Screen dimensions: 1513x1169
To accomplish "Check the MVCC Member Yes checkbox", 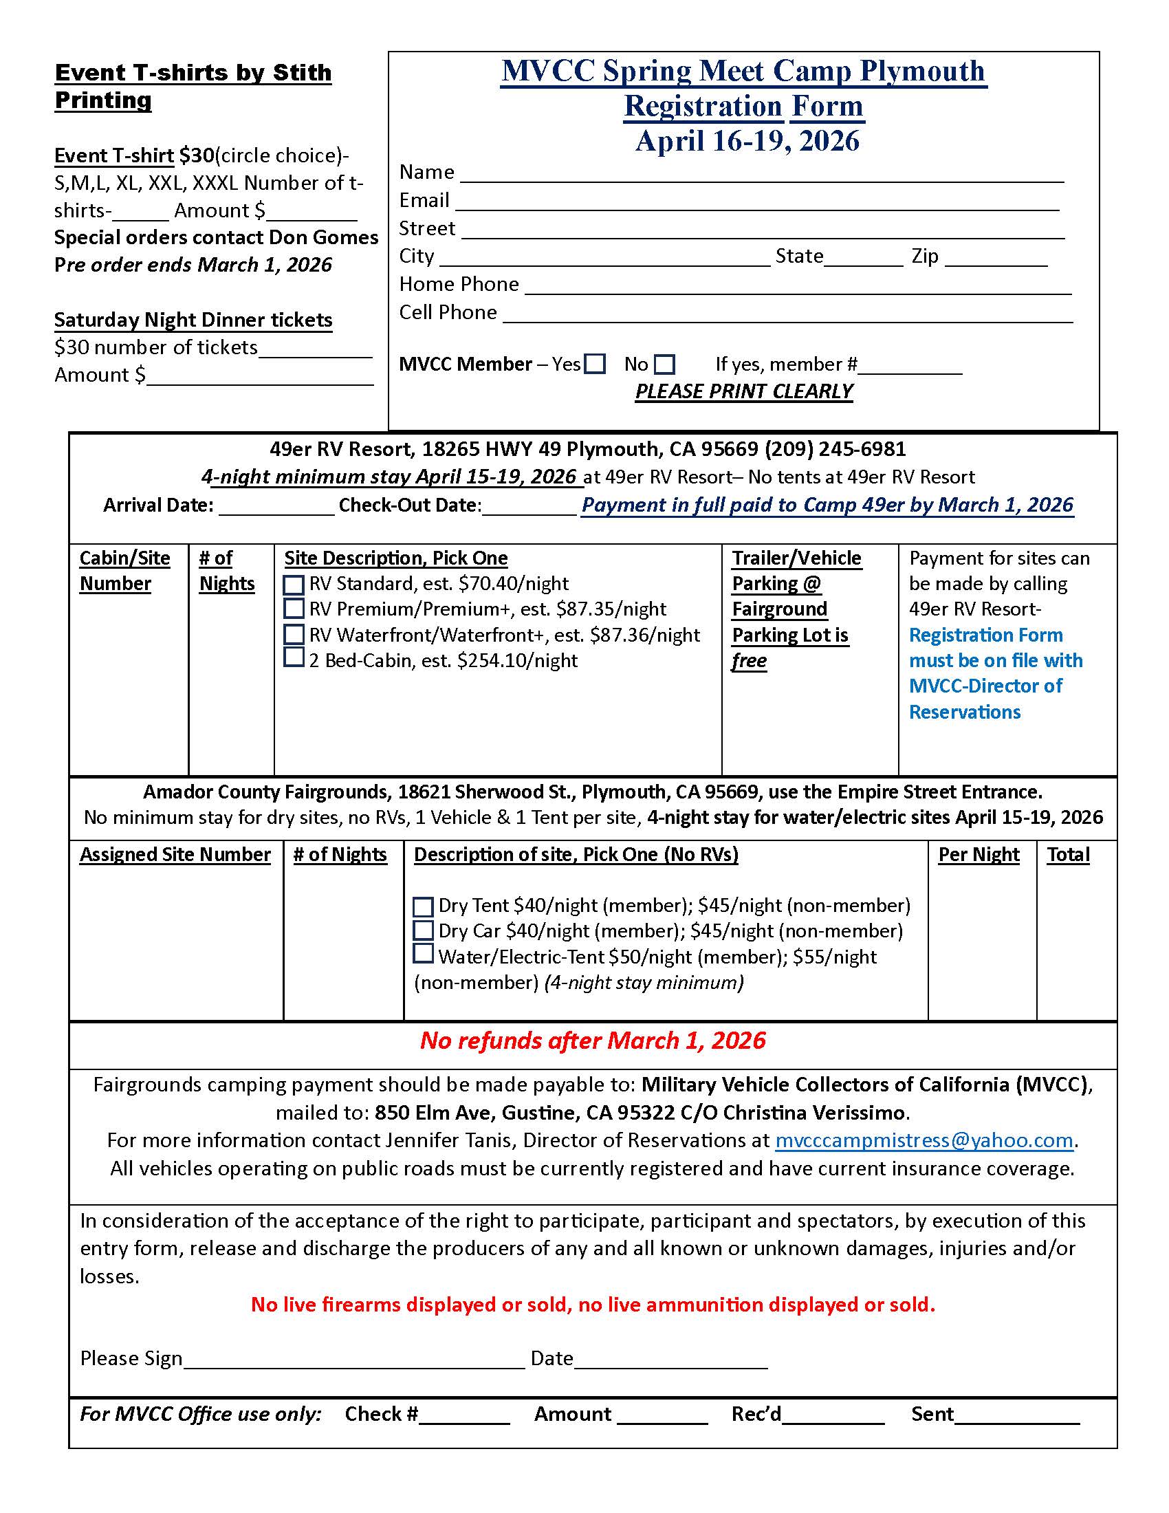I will tap(595, 364).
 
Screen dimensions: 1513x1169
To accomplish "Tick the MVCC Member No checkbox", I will tap(664, 364).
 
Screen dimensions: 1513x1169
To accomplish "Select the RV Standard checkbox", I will tap(294, 585).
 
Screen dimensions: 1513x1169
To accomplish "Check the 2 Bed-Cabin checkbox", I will tap(294, 657).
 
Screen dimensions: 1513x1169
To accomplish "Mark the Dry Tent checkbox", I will tap(422, 907).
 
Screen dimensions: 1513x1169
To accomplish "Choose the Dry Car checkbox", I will tap(422, 930).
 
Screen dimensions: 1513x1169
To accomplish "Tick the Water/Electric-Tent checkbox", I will tap(422, 954).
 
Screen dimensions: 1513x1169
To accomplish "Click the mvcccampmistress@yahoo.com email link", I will tap(924, 1140).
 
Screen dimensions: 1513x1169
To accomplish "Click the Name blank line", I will tap(762, 176).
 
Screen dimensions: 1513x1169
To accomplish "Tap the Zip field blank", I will tap(996, 261).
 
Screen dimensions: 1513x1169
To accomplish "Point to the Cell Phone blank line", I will tap(787, 316).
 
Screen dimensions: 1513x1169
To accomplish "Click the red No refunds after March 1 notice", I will tap(593, 1041).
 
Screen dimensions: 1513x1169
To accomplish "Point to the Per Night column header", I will tap(979, 855).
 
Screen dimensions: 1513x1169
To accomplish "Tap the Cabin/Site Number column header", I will tap(124, 571).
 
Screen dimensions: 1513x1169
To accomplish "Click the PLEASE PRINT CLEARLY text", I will tap(744, 391).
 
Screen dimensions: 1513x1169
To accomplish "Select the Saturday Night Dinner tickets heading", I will tap(193, 320).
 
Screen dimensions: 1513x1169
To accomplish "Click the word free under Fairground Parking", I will tap(750, 661).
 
